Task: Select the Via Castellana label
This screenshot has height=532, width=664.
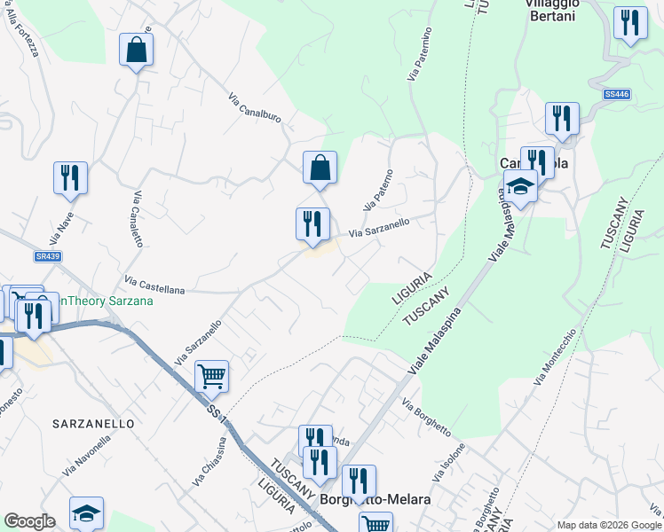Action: tap(154, 284)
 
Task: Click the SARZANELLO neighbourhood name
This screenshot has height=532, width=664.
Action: tap(93, 424)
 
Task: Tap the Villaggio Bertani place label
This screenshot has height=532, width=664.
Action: tap(552, 10)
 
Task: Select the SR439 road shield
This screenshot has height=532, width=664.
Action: tap(48, 255)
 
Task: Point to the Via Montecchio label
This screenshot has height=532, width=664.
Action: tap(556, 356)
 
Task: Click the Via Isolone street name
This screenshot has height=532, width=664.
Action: tap(450, 463)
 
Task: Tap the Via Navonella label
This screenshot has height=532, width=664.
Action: tap(86, 458)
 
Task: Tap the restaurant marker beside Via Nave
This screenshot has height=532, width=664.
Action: tap(70, 176)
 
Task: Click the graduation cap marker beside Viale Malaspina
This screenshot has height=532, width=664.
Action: tap(520, 186)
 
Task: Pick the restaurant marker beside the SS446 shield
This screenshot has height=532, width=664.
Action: tap(562, 118)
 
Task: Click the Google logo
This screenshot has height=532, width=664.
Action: tap(29, 521)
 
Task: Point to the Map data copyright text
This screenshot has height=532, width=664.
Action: tap(609, 525)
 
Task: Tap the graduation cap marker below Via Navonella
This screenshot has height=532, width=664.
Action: tap(86, 512)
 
